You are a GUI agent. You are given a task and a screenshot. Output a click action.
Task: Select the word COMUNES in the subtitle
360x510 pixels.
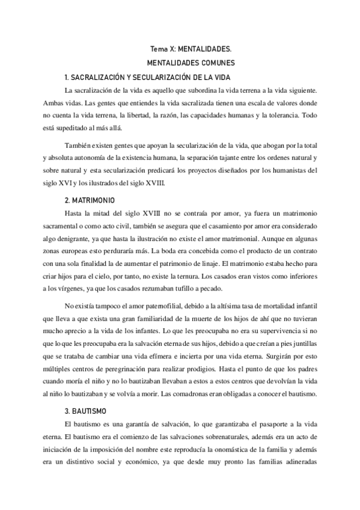click(215, 63)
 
